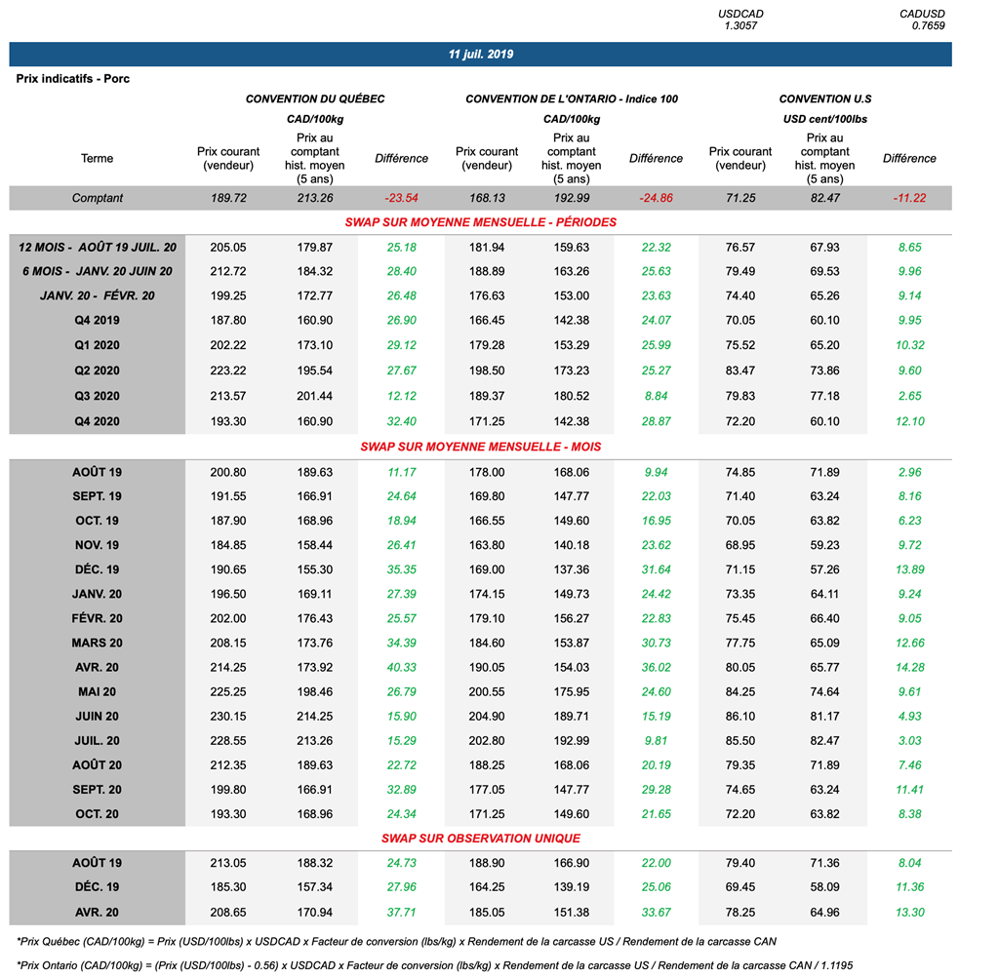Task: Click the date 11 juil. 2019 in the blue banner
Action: tap(481, 55)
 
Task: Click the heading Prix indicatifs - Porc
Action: tap(73, 79)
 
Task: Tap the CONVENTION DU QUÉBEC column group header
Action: tap(315, 99)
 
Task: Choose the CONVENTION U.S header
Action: tap(824, 99)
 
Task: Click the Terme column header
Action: tap(97, 159)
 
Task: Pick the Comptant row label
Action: tap(97, 198)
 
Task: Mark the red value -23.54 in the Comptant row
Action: tap(401, 198)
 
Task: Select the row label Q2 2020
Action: tap(97, 371)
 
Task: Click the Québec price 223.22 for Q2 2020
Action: tap(228, 371)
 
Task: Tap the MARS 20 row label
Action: tap(97, 644)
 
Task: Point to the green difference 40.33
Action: tap(401, 668)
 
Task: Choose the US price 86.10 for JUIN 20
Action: tap(740, 717)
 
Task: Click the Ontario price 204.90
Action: tap(486, 717)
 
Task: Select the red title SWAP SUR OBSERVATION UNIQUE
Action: tap(481, 839)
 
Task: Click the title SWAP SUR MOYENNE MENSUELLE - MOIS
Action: tap(481, 447)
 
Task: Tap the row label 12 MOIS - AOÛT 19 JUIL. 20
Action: tap(97, 248)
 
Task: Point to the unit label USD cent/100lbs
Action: tap(824, 119)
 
